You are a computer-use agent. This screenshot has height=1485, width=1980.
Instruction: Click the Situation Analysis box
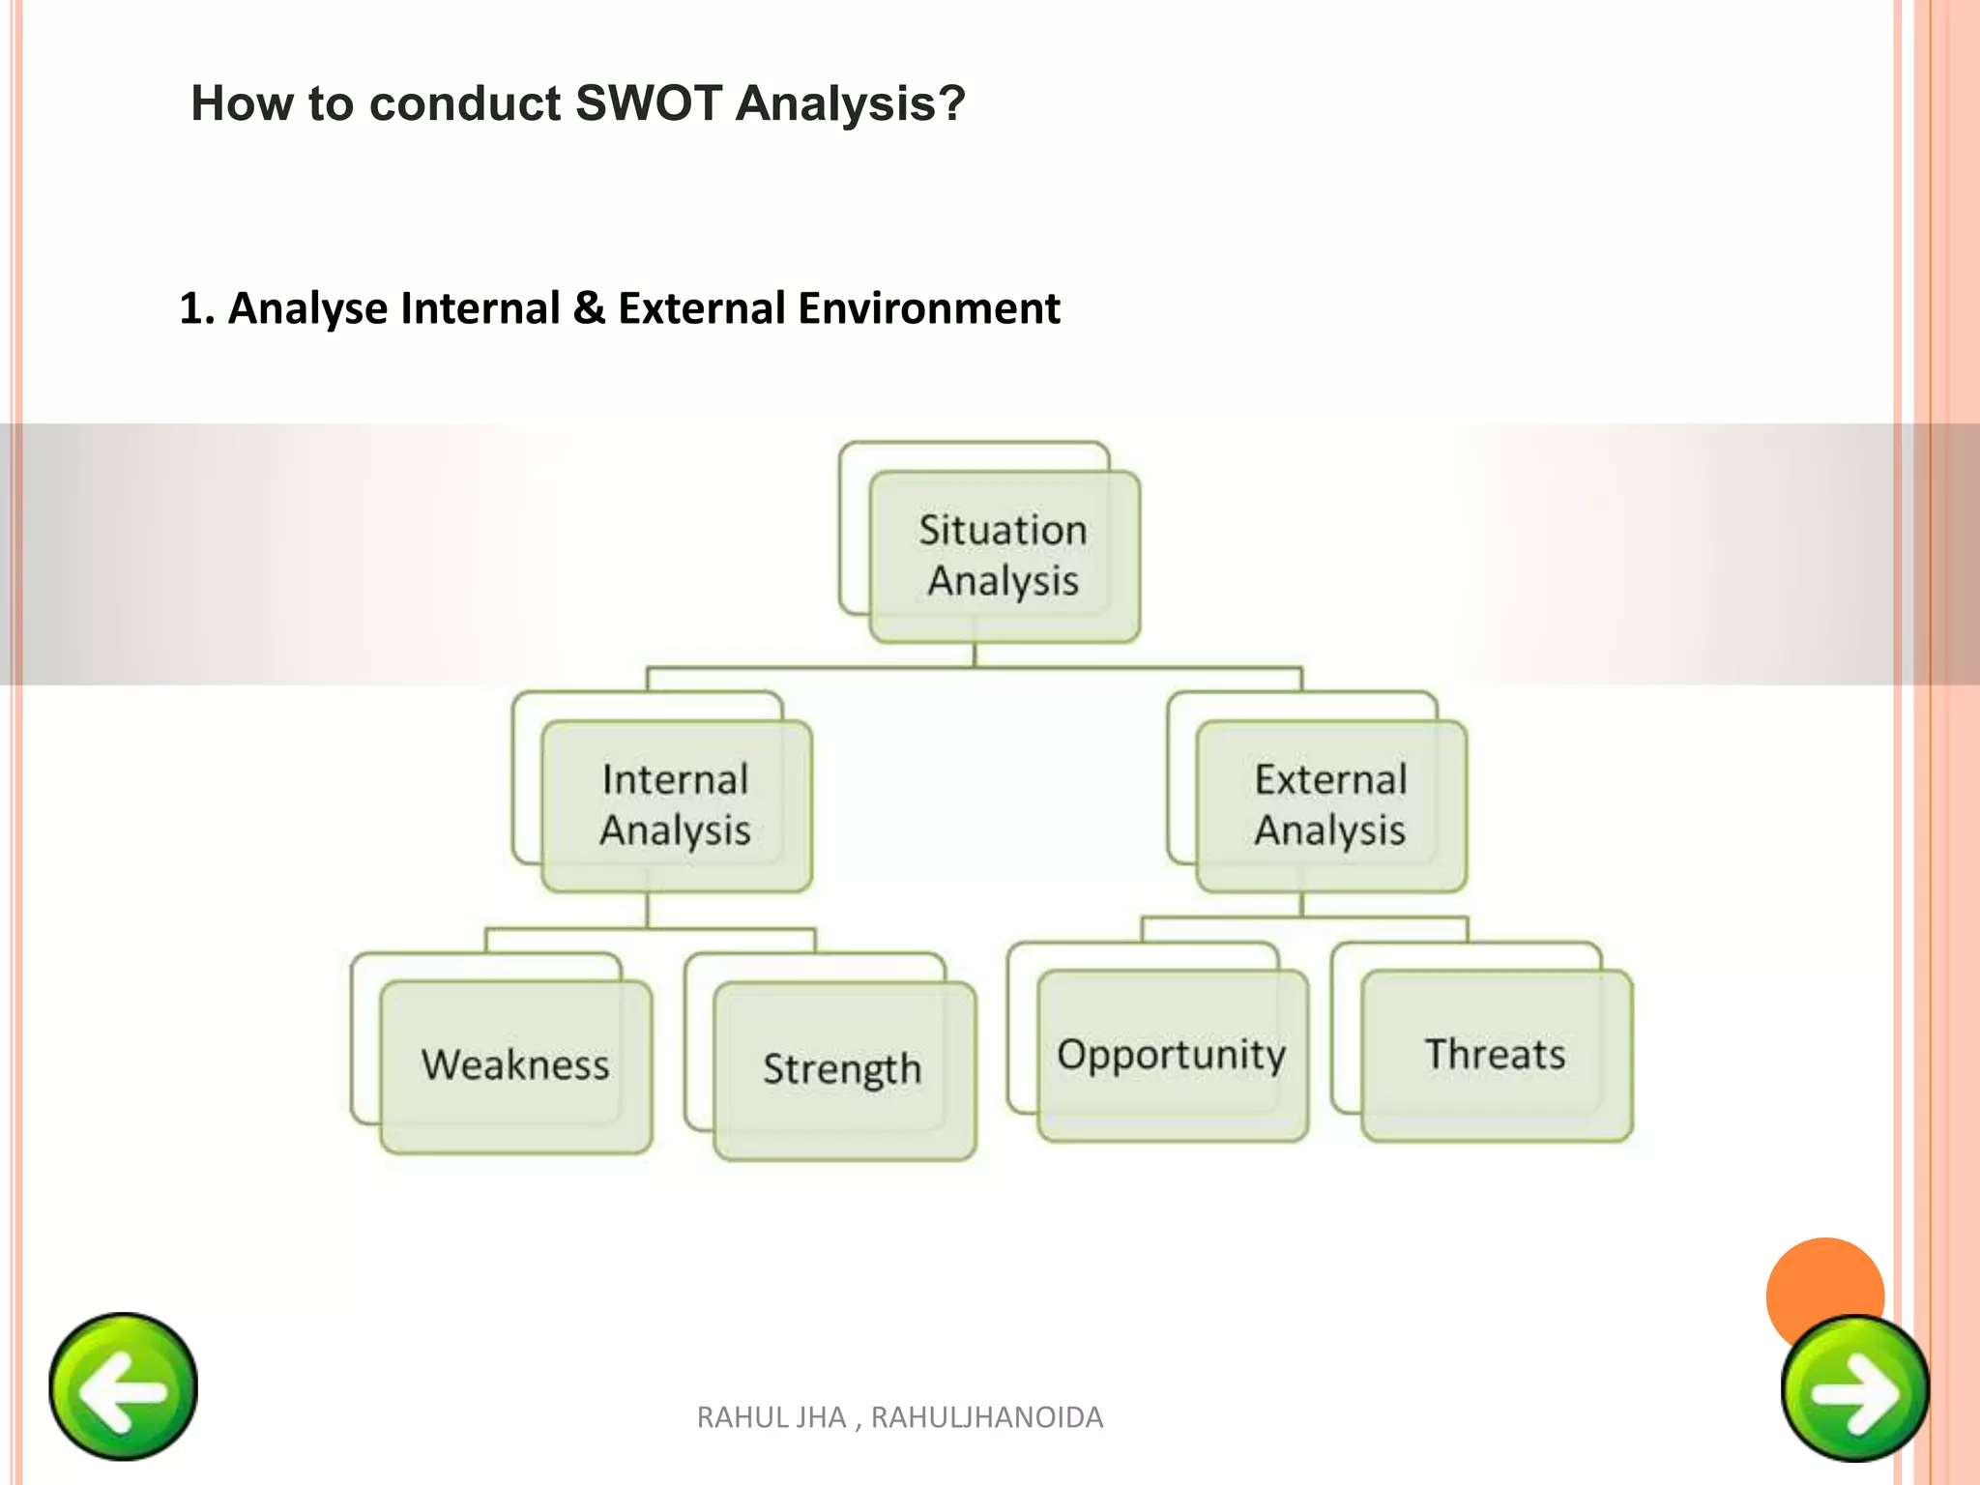pos(1004,557)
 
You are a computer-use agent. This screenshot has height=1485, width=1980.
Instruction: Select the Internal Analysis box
pos(676,806)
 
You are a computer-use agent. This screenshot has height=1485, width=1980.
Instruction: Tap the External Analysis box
pos(1330,806)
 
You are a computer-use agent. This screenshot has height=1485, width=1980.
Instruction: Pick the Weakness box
pos(515,1065)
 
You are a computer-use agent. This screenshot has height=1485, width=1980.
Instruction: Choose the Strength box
pos(843,1069)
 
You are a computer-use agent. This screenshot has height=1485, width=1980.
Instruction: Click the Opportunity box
pos(1172,1055)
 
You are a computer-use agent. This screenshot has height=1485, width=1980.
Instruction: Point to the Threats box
pos(1496,1055)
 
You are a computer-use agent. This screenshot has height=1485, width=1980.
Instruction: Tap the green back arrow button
pos(123,1386)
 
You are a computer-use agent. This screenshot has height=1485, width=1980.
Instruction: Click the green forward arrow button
pos(1855,1389)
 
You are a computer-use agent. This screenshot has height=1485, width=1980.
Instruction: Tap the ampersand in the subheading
pos(588,309)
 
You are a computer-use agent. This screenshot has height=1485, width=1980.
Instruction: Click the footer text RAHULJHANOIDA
pos(986,1417)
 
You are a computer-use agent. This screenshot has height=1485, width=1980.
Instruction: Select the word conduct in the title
pos(464,103)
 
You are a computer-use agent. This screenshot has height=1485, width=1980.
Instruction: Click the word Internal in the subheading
pos(480,309)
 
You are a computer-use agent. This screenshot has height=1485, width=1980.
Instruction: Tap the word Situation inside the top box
pos(1003,530)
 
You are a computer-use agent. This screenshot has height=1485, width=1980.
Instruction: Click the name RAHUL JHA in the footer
pos(772,1417)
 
